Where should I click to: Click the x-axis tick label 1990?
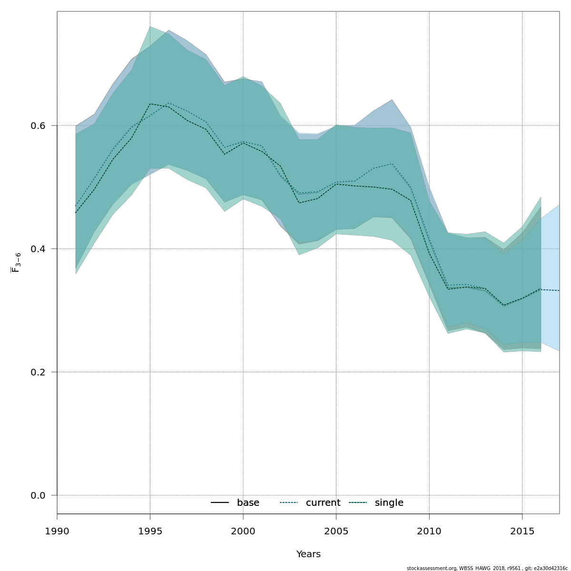coord(57,530)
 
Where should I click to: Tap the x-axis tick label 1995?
coord(150,530)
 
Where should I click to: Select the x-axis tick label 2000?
coord(243,530)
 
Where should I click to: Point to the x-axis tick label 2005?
coord(336,530)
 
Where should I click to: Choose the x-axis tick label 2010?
coord(429,530)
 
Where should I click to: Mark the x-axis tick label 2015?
coord(522,530)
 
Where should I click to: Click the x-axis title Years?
coord(308,554)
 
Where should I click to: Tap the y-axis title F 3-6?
coord(16,263)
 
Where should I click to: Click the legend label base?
coord(248,503)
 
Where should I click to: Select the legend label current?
coord(323,503)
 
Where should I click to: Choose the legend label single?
coord(389,503)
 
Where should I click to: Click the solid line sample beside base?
coord(220,503)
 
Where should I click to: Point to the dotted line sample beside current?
coord(289,503)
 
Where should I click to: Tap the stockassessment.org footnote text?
coord(487,568)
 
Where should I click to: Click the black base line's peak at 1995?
coord(150,104)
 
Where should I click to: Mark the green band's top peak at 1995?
coord(150,27)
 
